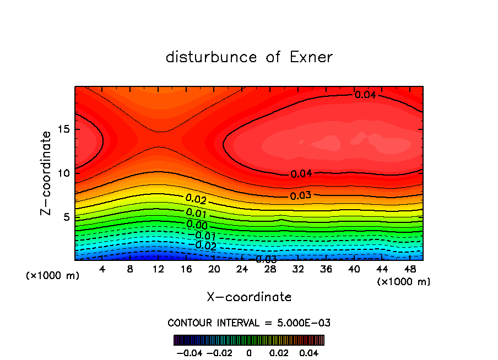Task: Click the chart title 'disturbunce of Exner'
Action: (x=249, y=57)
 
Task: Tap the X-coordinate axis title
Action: (x=249, y=297)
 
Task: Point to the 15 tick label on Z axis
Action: (x=61, y=130)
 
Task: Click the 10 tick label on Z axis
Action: (x=61, y=173)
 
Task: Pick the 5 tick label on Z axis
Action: (x=64, y=217)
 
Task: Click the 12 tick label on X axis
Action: (x=158, y=270)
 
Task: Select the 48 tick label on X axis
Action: (x=409, y=270)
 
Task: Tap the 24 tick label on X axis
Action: (x=242, y=270)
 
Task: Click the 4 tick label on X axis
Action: (x=102, y=270)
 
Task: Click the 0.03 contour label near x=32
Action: (x=301, y=195)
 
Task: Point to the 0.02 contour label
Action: (x=196, y=199)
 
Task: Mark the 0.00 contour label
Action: (x=197, y=225)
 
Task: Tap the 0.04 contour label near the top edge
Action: (x=365, y=95)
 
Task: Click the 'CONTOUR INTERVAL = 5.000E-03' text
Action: (x=249, y=323)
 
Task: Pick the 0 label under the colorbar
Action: (x=249, y=352)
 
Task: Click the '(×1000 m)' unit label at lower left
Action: (x=52, y=276)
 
